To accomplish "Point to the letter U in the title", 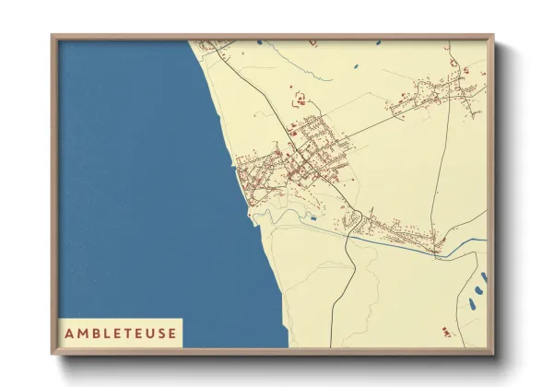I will point(148,332).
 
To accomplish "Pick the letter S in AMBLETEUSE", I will point(160,332).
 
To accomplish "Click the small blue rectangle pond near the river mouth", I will point(313,218).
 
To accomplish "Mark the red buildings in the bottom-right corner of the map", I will point(447,332).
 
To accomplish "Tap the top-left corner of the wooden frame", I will point(53,37).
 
